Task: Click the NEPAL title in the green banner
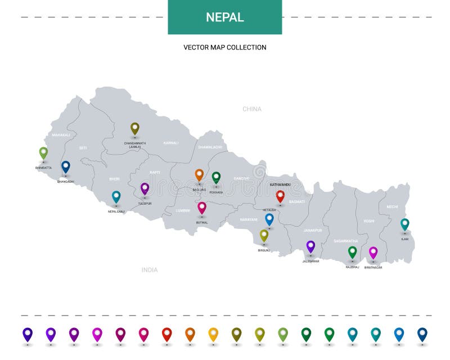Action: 224,17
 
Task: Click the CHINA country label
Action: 252,109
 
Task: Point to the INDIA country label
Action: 150,270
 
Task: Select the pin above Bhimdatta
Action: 43,152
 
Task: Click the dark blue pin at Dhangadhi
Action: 66,166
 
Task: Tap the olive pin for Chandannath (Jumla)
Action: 135,128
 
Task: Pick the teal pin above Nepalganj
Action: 116,196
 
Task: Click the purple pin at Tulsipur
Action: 145,188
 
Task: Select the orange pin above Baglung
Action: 199,175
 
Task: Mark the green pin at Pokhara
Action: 216,177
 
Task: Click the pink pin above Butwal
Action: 202,208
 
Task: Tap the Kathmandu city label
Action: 280,184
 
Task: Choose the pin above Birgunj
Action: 264,235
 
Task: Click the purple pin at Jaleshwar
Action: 310,246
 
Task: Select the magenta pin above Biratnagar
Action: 373,252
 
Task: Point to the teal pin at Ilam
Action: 404,224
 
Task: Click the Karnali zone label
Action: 171,143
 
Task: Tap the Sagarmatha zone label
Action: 345,241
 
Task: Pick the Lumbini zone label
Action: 183,210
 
